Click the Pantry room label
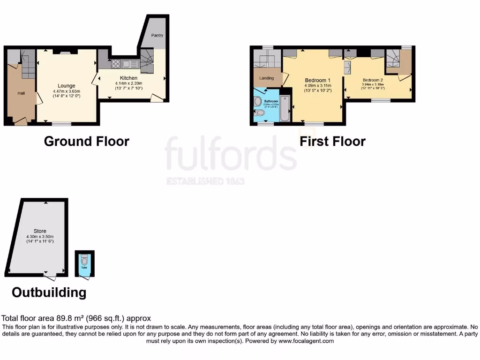click(157, 35)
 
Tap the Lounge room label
click(67, 86)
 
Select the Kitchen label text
click(128, 78)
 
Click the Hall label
click(22, 93)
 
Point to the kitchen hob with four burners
click(115, 63)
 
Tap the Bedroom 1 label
click(317, 80)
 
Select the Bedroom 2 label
click(373, 80)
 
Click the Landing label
click(267, 79)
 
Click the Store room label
click(40, 232)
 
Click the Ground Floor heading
click(86, 141)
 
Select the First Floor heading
click(332, 141)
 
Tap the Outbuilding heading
click(49, 292)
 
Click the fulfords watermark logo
click(230, 154)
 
